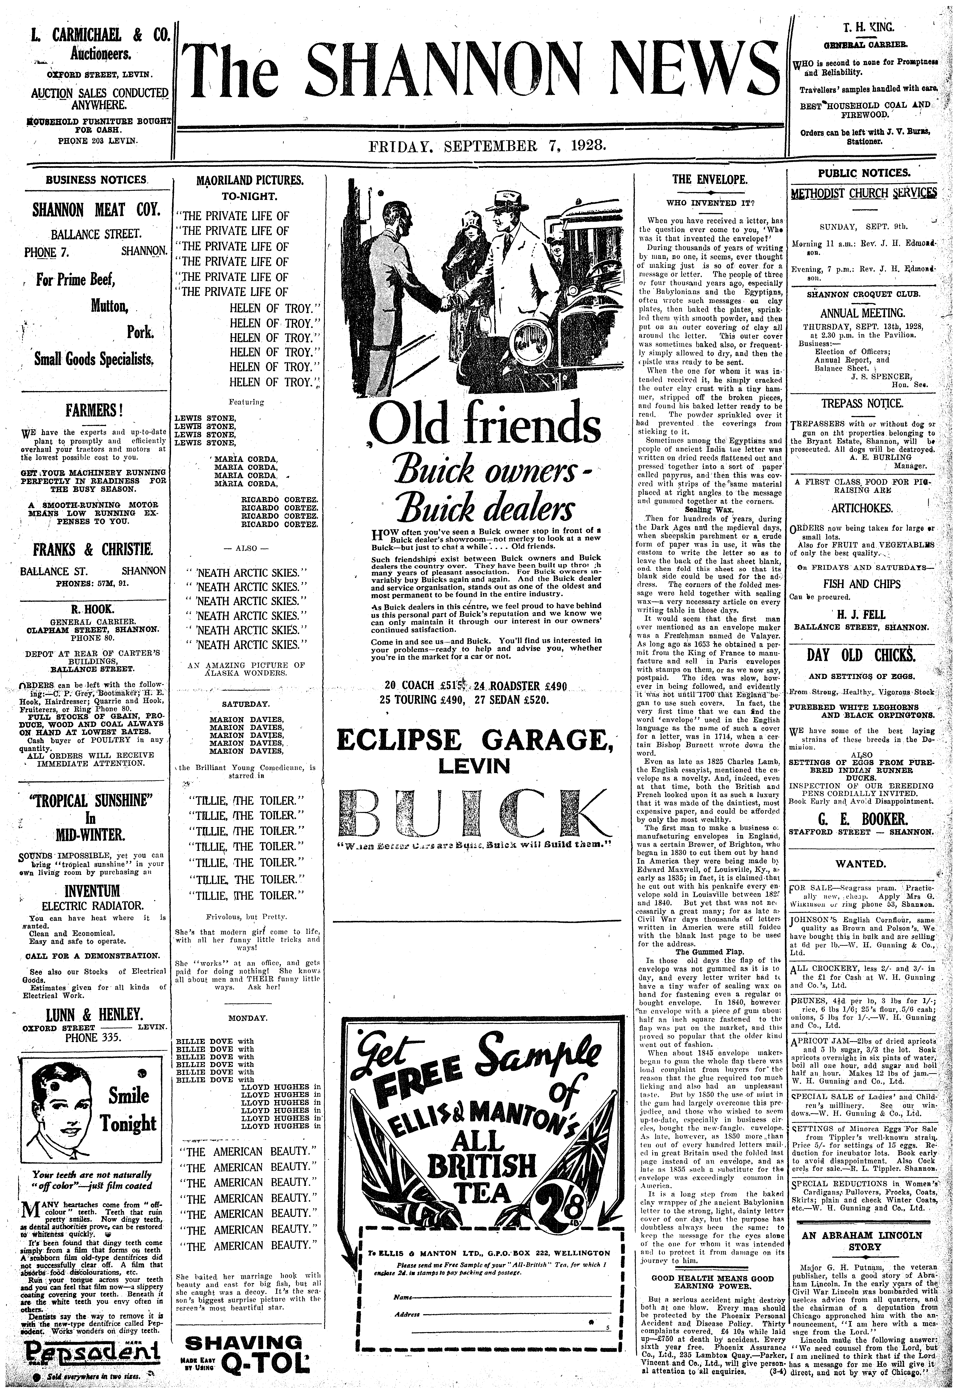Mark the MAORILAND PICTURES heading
point(250,180)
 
